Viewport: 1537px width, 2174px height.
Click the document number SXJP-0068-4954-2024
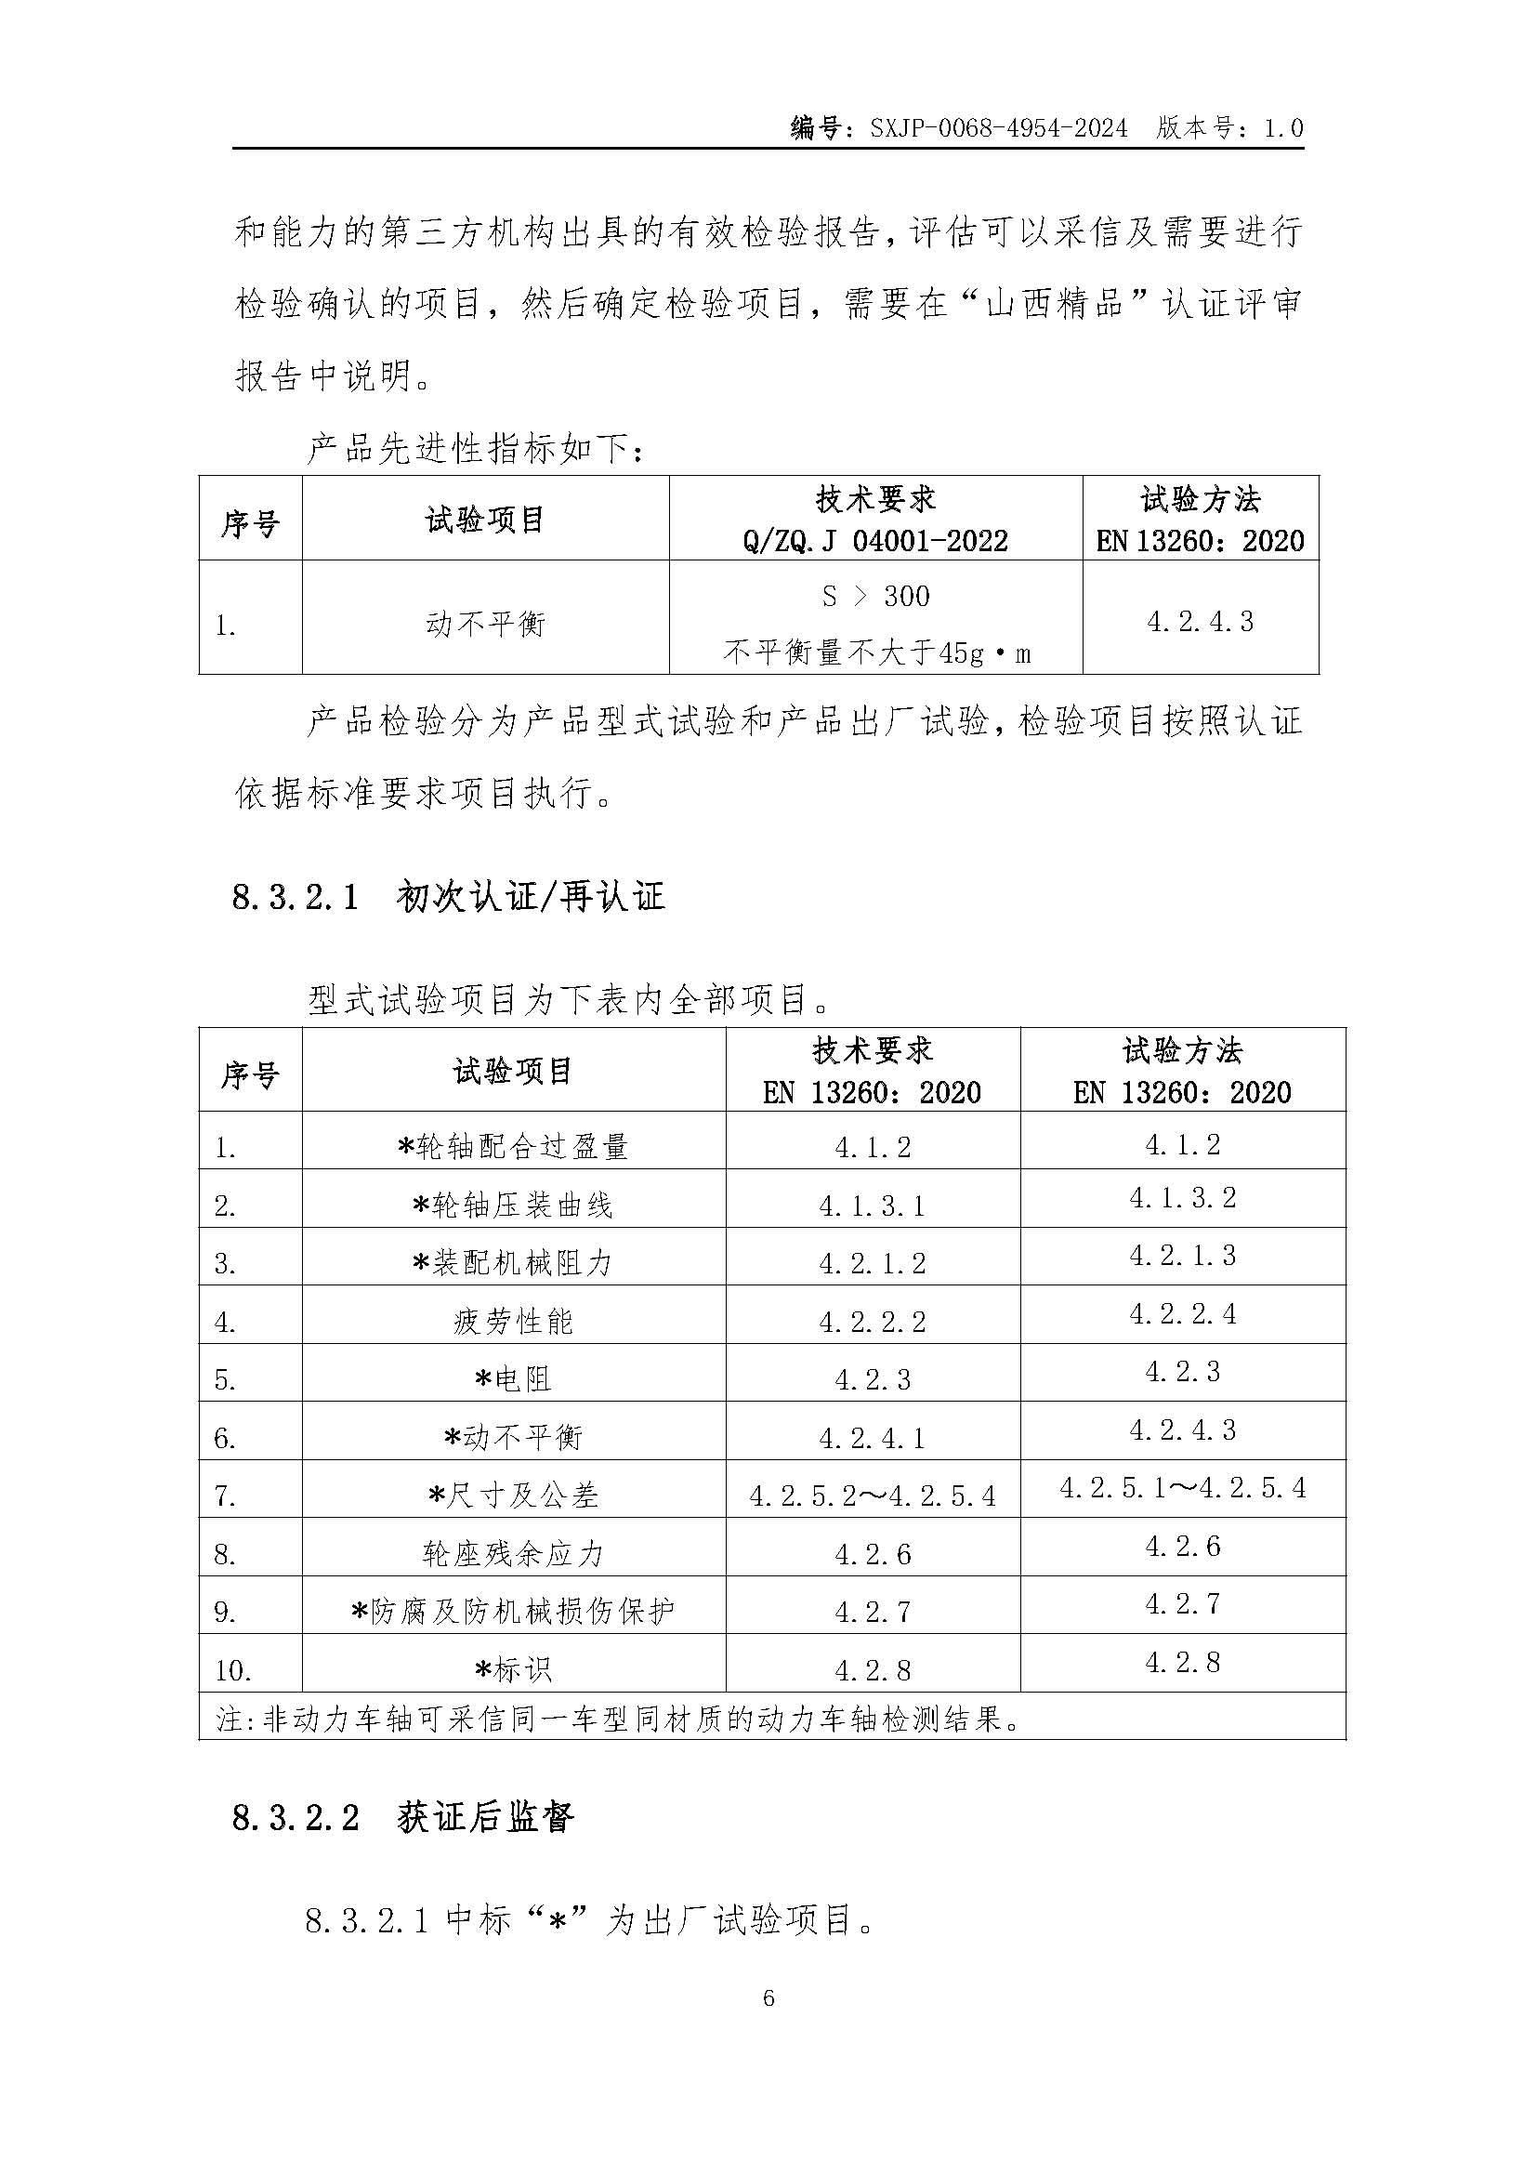pyautogui.click(x=998, y=128)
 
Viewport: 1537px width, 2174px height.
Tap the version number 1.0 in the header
pyautogui.click(x=1283, y=128)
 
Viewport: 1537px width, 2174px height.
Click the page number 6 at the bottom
pyautogui.click(x=768, y=1999)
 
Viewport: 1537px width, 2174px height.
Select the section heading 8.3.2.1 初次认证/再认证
pyautogui.click(x=449, y=896)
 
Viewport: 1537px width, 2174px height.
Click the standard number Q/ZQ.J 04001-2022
pyautogui.click(x=875, y=541)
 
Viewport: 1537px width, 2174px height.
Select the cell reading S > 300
pyautogui.click(x=875, y=596)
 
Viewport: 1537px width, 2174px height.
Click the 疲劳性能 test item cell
pyautogui.click(x=513, y=1321)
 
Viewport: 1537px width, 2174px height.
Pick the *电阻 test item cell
pyautogui.click(x=513, y=1379)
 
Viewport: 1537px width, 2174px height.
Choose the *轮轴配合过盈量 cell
pyautogui.click(x=513, y=1147)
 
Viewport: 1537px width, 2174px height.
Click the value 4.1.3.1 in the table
pyautogui.click(x=872, y=1206)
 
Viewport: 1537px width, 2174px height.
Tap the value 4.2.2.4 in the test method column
pyautogui.click(x=1182, y=1313)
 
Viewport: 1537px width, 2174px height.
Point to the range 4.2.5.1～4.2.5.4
pyautogui.click(x=1182, y=1487)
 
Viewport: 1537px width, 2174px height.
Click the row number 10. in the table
pyautogui.click(x=233, y=1670)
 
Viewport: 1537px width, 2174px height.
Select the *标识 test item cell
pyautogui.click(x=513, y=1669)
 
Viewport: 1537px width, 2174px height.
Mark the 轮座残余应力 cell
pyautogui.click(x=513, y=1554)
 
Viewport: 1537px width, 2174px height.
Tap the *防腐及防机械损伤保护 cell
pyautogui.click(x=513, y=1612)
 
